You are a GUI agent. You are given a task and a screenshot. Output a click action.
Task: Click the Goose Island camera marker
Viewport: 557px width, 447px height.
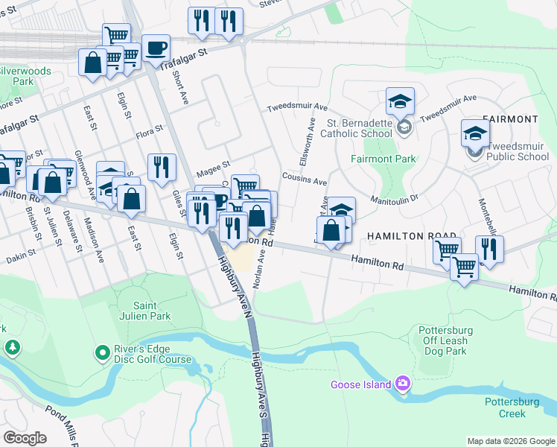point(403,384)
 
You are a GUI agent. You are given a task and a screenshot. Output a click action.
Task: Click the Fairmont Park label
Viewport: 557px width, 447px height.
point(383,159)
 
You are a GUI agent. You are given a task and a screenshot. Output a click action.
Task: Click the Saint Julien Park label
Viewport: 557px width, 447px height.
point(141,311)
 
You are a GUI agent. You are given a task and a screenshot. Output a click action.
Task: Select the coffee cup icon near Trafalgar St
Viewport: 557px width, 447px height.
point(156,48)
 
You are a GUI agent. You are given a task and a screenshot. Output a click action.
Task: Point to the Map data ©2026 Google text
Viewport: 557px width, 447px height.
point(511,441)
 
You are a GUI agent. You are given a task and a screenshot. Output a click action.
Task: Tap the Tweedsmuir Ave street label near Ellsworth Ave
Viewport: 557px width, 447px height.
point(298,107)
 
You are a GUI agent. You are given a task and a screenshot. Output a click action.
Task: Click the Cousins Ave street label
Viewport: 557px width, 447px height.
point(304,180)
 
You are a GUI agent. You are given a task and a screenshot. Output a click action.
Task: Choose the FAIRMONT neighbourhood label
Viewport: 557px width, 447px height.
point(510,119)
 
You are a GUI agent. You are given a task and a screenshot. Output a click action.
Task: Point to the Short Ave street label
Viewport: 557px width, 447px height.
point(179,86)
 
